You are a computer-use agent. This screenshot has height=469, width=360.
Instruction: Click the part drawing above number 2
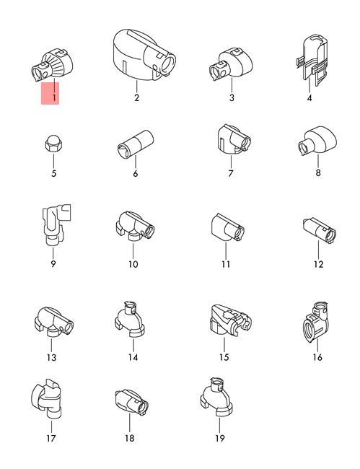[x=144, y=56]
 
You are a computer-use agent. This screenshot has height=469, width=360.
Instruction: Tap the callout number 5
[x=54, y=173]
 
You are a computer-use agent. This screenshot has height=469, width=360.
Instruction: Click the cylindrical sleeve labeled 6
[x=135, y=144]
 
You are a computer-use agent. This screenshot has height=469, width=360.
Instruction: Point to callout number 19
[x=220, y=438]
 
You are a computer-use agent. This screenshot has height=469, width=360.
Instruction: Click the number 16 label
[x=317, y=357]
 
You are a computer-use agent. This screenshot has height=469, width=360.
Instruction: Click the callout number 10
[x=133, y=264]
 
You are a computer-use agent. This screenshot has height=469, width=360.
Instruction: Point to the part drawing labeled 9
[x=56, y=225]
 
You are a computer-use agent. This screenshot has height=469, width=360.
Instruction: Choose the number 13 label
[x=51, y=357]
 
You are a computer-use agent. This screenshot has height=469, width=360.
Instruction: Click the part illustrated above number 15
[x=230, y=321]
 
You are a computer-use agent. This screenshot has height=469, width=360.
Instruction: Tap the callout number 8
[x=318, y=172]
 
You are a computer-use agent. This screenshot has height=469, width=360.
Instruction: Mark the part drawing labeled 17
[x=47, y=400]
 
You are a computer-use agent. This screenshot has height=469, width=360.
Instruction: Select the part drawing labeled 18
[x=131, y=402]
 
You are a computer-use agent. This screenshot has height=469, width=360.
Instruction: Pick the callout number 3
[x=232, y=97]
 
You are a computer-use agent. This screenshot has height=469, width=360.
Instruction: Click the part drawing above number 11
[x=227, y=227]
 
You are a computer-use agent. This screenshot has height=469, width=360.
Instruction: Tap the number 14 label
[x=133, y=357]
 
